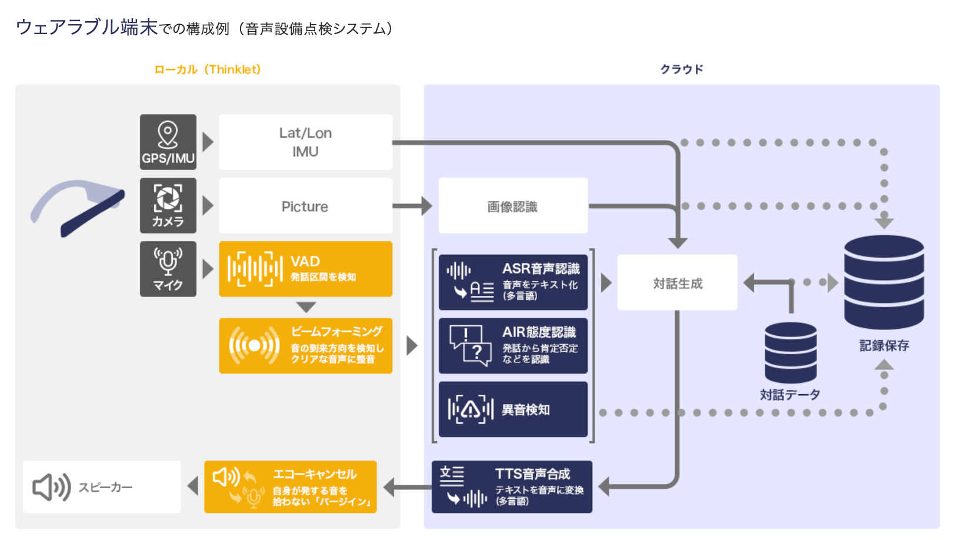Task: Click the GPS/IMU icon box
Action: (168, 142)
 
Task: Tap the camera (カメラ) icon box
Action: (168, 205)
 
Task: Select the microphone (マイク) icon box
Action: (168, 269)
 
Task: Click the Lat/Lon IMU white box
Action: (305, 142)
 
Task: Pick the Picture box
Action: (305, 206)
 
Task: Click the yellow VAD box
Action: (305, 269)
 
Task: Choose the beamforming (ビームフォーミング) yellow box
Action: (305, 346)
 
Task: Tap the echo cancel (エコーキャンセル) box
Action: (291, 487)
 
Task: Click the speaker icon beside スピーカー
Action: (51, 487)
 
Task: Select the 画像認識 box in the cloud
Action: (513, 206)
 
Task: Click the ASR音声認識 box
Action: (513, 282)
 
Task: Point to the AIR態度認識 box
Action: (513, 346)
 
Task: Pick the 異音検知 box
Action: (513, 409)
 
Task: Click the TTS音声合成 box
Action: (512, 487)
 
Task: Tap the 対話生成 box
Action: (677, 283)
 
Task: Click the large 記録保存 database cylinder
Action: (883, 282)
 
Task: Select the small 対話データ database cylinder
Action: (790, 353)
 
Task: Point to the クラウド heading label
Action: (682, 69)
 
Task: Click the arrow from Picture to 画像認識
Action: (412, 206)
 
